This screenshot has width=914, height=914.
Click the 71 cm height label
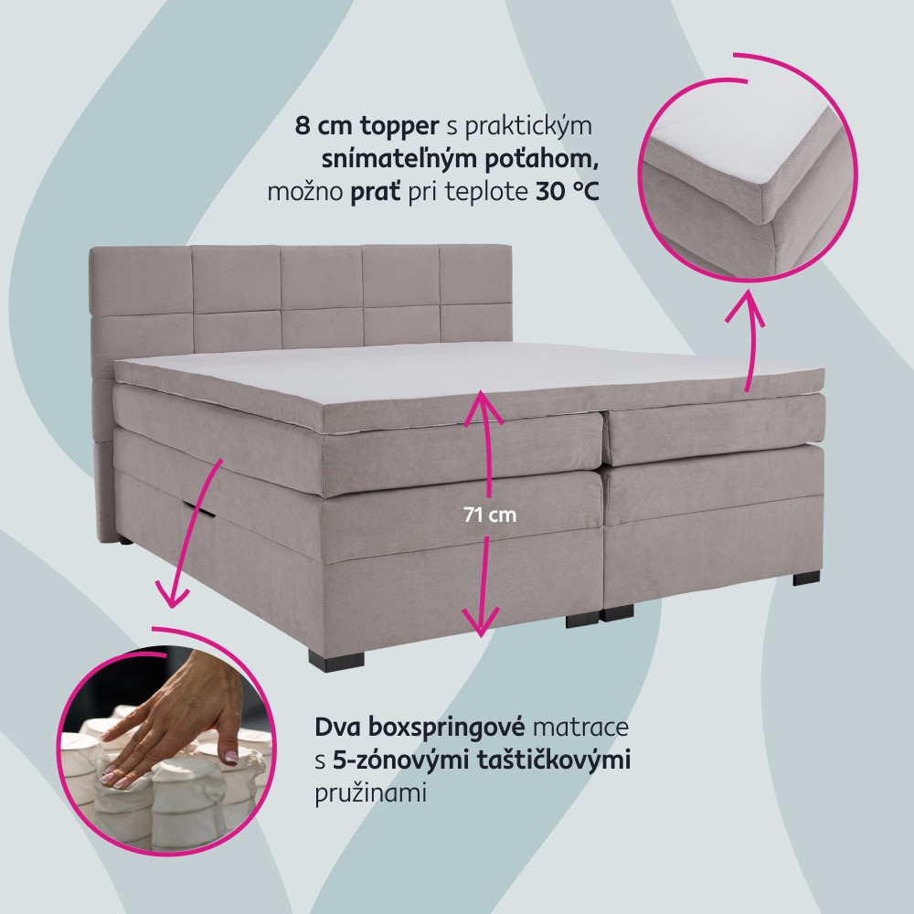point(490,515)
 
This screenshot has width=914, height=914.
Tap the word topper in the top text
point(399,126)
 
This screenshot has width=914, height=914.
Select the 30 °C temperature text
point(567,191)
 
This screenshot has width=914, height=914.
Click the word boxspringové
point(447,728)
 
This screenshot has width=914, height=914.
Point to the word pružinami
point(371,792)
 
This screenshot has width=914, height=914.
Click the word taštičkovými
point(554,760)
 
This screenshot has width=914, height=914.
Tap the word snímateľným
point(386,159)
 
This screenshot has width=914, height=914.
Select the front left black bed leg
point(336,659)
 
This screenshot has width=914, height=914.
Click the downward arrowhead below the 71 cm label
point(481,621)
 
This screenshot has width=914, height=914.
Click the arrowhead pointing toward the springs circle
point(172,595)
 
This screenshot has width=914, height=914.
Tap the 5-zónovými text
point(401,760)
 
